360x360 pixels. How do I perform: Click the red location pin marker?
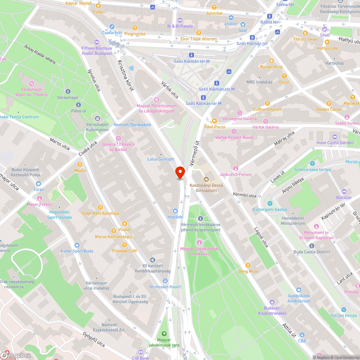pyautogui.click(x=180, y=172)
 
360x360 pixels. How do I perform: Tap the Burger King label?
pyautogui.click(x=271, y=67)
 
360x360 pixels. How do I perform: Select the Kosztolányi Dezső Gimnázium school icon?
pyautogui.click(x=207, y=179)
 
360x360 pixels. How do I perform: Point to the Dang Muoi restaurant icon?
pyautogui.click(x=248, y=265)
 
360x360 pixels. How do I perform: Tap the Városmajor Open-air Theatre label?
pyautogui.click(x=31, y=92)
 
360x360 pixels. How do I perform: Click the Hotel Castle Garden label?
pyautogui.click(x=335, y=143)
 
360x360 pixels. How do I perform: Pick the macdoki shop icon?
pyautogui.click(x=175, y=211)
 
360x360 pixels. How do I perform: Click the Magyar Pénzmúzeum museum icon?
pyautogui.click(x=156, y=100)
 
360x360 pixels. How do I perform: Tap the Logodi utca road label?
pyautogui.click(x=261, y=237)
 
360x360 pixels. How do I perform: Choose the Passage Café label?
pyautogui.click(x=125, y=251)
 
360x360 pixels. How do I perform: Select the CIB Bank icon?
pyautogui.click(x=140, y=352)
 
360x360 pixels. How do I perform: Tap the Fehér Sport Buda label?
pyautogui.click(x=77, y=251)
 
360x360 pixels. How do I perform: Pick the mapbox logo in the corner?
pyautogui.click(x=16, y=355)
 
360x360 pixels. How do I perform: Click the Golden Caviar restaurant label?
pyautogui.click(x=329, y=109)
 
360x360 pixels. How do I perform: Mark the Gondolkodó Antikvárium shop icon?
pyautogui.click(x=299, y=289)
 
